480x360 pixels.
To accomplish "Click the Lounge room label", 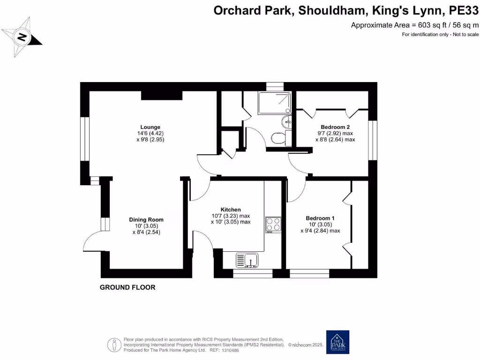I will click(150, 127).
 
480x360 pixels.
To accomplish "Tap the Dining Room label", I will click(146, 219).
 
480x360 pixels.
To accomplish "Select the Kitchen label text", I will click(231, 210).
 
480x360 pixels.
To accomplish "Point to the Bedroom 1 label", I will click(320, 218).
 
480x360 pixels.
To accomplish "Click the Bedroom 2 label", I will click(335, 127).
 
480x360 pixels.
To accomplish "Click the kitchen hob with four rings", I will click(273, 225).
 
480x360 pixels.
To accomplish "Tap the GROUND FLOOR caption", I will click(127, 287).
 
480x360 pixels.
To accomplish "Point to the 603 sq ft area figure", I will click(422, 25).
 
